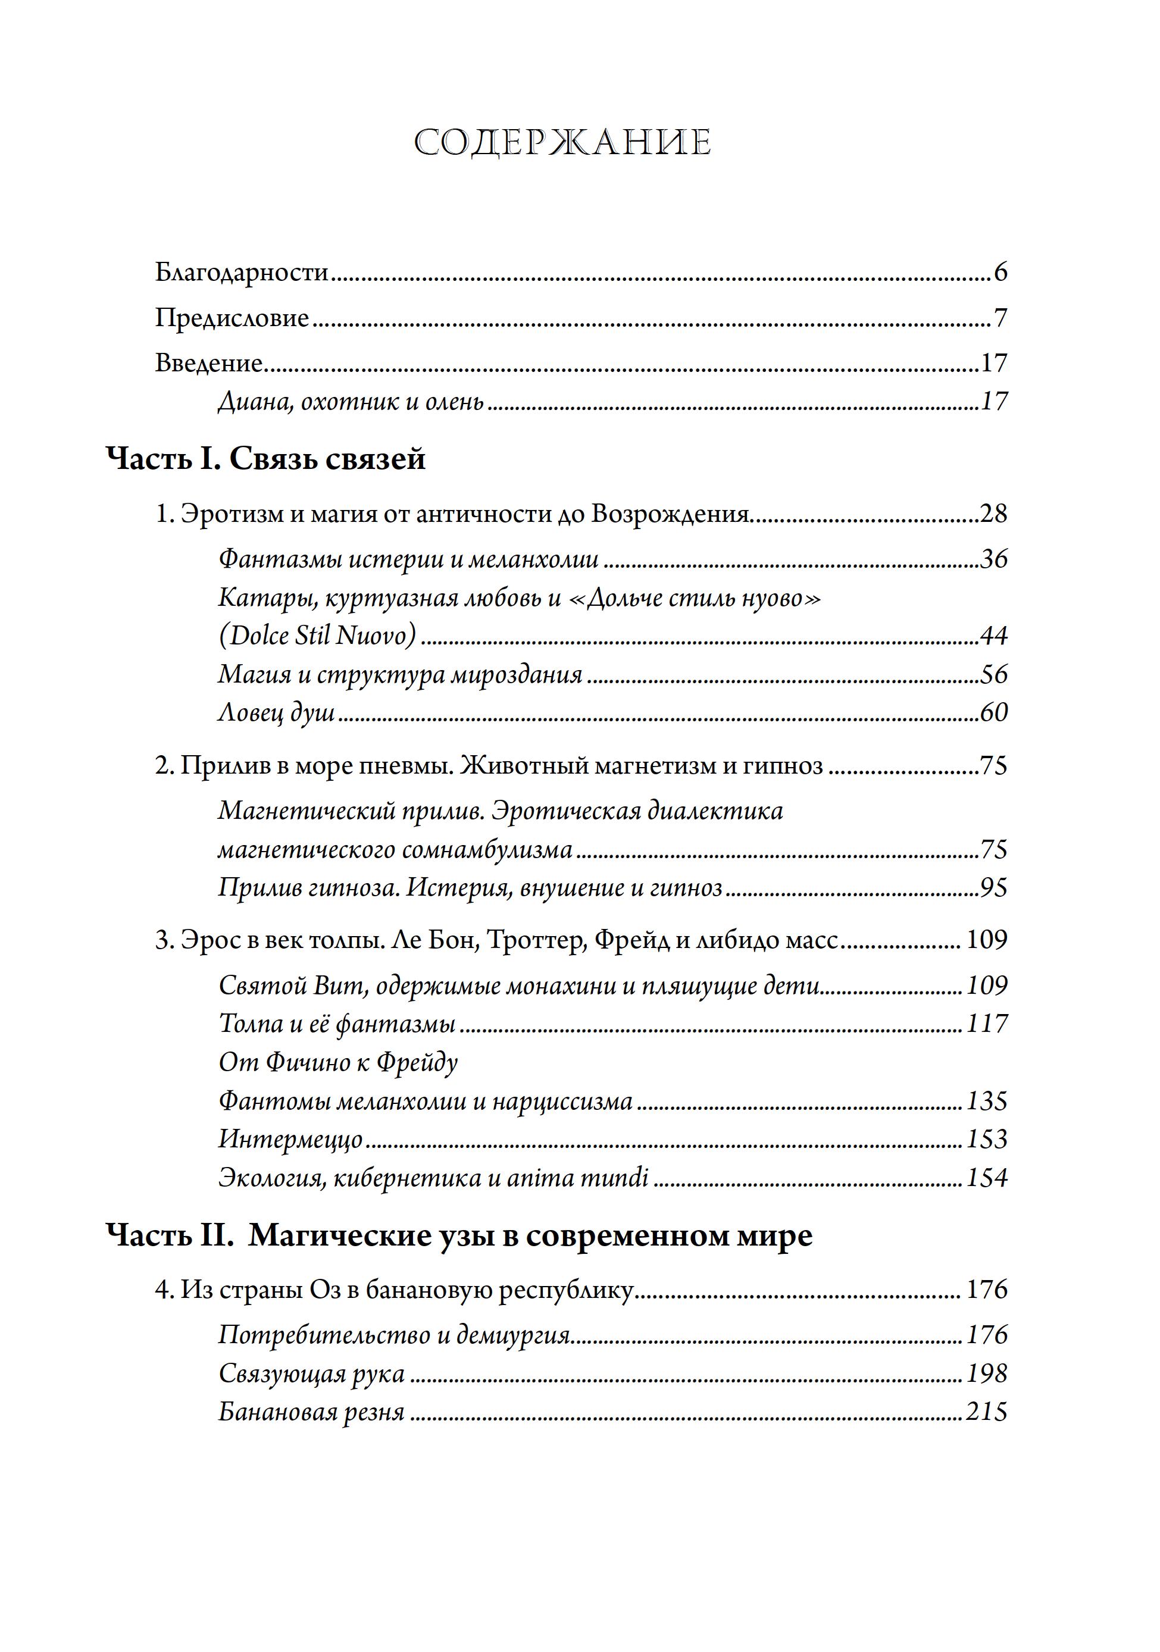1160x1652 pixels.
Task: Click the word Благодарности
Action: coord(242,273)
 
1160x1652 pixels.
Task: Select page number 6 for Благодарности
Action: coord(1000,273)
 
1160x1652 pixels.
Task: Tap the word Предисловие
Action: coord(232,318)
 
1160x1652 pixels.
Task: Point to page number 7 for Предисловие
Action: coord(1000,318)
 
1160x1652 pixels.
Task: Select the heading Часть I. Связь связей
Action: coord(265,459)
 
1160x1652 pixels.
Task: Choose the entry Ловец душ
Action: coord(276,712)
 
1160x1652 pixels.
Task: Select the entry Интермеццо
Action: coord(290,1140)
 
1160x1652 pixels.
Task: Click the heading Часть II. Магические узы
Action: coord(459,1236)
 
